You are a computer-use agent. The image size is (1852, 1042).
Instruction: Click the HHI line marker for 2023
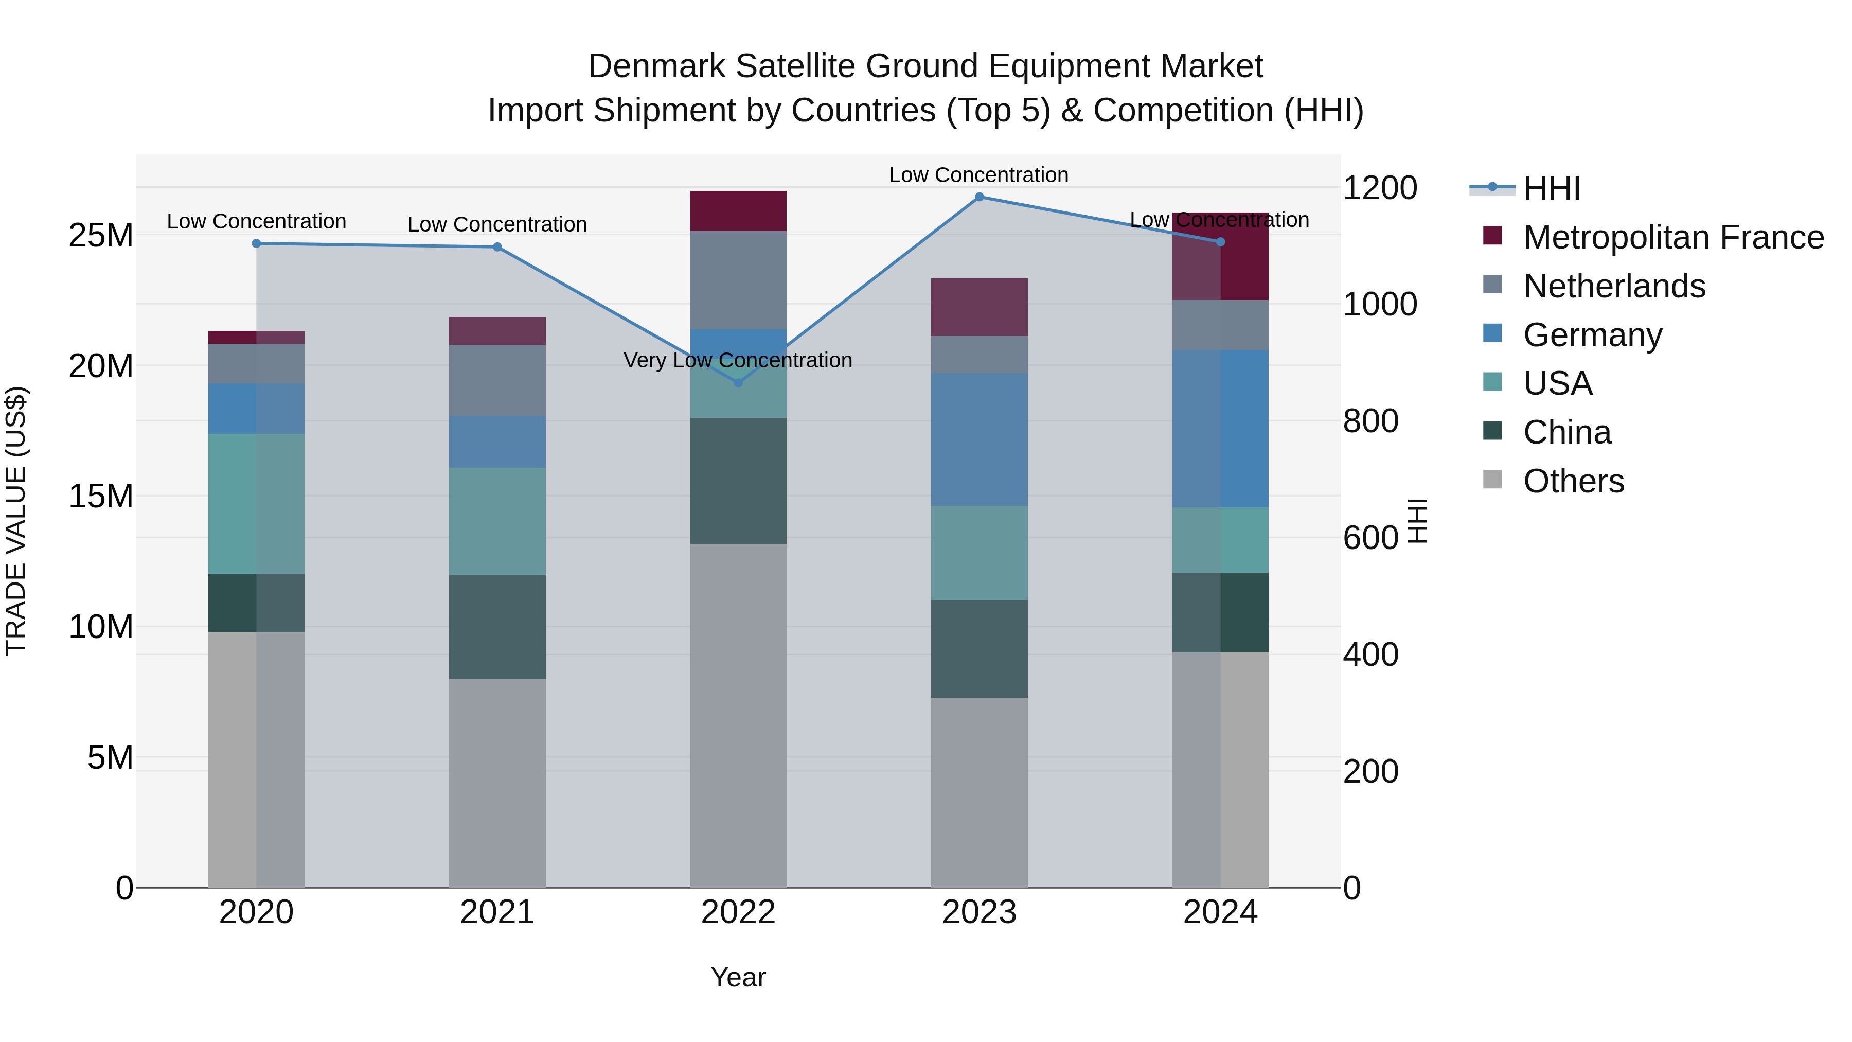(979, 197)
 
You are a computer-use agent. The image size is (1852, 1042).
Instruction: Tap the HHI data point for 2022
(738, 382)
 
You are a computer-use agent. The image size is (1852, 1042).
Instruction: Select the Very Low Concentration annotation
(738, 360)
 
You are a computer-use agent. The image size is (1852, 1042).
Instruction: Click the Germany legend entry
(1592, 335)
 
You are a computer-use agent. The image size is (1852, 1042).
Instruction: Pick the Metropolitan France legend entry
(1672, 237)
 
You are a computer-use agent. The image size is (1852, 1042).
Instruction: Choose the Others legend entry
(1573, 481)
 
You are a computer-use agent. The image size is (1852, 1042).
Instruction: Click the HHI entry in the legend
(1552, 188)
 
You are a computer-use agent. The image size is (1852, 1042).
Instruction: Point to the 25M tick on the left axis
(101, 235)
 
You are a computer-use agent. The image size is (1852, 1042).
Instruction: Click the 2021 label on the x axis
(497, 912)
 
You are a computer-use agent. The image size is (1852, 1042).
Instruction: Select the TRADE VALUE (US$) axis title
(16, 521)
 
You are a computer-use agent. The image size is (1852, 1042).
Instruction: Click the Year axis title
(738, 977)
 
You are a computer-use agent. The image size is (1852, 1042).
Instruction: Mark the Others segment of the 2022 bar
(738, 716)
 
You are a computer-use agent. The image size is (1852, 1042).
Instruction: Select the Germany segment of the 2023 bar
(979, 439)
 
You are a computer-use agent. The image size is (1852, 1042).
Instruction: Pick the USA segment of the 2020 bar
(256, 503)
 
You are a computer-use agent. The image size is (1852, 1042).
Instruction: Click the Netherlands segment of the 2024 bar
(1220, 325)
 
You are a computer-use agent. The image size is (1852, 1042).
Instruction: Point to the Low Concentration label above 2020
(256, 221)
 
